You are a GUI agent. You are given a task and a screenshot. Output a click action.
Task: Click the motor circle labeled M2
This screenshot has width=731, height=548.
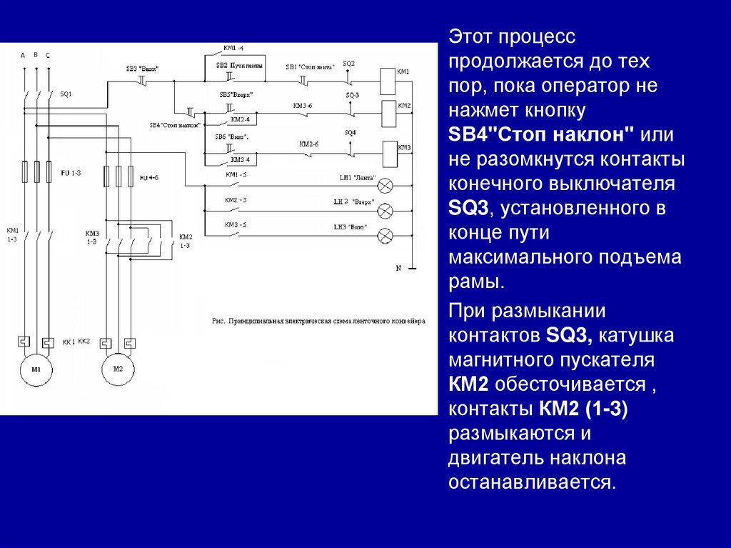coord(118,369)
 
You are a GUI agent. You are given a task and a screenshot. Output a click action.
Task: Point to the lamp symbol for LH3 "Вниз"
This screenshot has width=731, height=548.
coord(385,234)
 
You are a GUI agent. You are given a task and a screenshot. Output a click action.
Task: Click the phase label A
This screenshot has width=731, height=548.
coord(22,55)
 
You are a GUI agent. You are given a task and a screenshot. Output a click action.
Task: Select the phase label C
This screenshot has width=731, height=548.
coord(48,55)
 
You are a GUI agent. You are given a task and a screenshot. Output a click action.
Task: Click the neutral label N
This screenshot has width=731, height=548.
coord(400,268)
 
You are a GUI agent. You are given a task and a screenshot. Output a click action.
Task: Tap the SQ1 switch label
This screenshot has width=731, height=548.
coord(66,94)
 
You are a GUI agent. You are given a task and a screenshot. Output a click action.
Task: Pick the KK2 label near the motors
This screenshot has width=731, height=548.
coord(84,342)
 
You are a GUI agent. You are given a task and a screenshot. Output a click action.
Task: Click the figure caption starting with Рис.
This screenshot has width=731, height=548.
coord(318,322)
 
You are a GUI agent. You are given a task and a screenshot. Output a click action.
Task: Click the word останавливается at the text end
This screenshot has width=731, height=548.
coord(532,481)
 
